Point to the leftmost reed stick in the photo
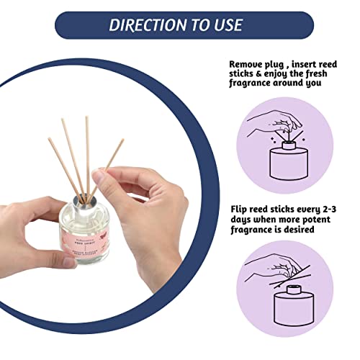coord(63,162)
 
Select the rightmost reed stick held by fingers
coord(109,162)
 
